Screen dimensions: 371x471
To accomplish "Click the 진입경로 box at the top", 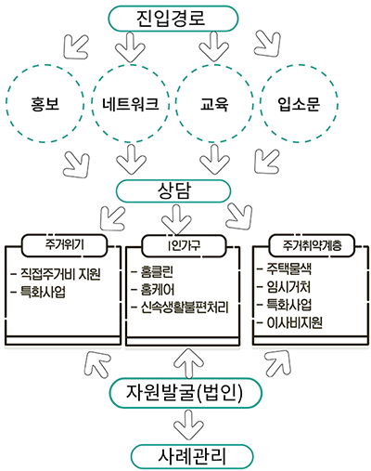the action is pyautogui.click(x=173, y=19).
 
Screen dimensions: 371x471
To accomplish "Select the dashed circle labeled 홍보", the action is pyautogui.click(x=45, y=103).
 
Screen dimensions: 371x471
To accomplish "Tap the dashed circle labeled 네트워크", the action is pyautogui.click(x=131, y=103).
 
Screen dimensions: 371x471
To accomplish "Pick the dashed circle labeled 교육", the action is pyautogui.click(x=214, y=103).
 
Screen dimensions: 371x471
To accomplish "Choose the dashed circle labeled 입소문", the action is pyautogui.click(x=299, y=103).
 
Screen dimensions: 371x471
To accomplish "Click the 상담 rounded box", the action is pyautogui.click(x=173, y=191).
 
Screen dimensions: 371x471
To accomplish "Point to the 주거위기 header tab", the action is pyautogui.click(x=64, y=245).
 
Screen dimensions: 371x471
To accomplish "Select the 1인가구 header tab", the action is pyautogui.click(x=184, y=245).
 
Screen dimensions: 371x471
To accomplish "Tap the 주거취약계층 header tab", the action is pyautogui.click(x=312, y=245).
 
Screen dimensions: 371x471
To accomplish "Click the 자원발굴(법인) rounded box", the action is pyautogui.click(x=185, y=392).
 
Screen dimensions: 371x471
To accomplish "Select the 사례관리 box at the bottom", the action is pyautogui.click(x=192, y=456).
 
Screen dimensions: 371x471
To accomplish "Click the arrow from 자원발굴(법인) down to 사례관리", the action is pyautogui.click(x=188, y=425).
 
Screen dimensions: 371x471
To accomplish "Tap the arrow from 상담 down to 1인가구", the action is pyautogui.click(x=176, y=219).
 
